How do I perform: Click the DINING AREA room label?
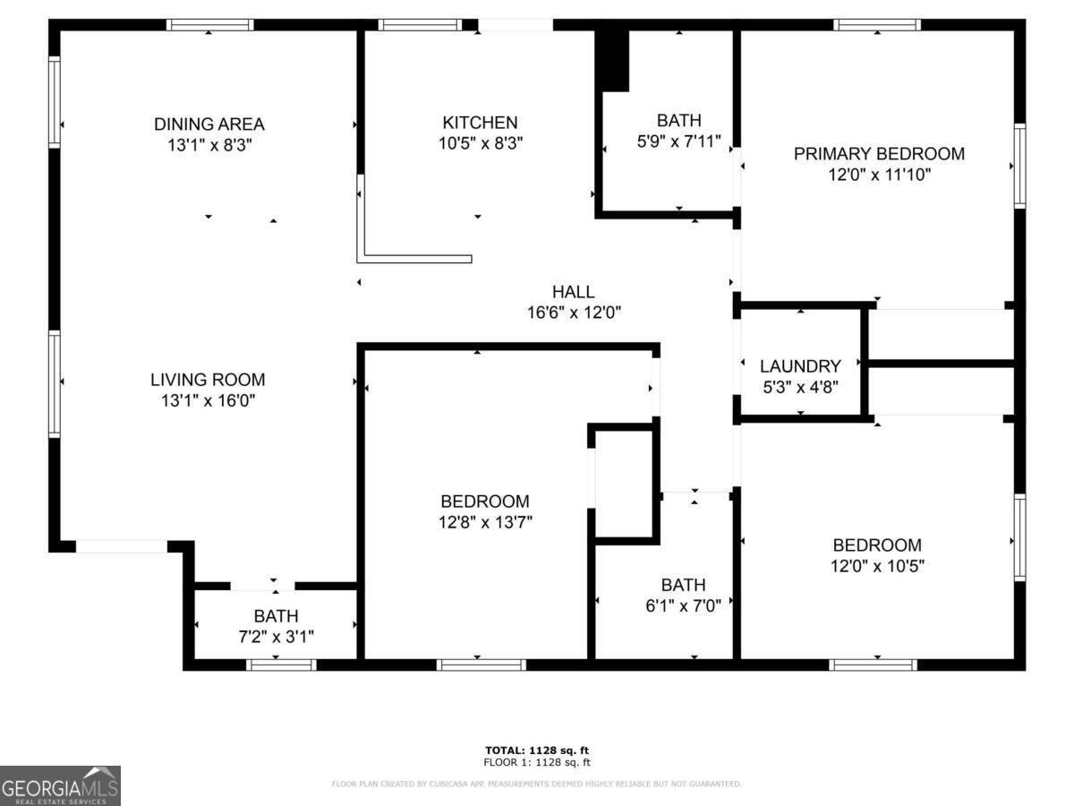point(209,124)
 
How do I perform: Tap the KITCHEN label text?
point(480,123)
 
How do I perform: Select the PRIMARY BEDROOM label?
point(879,153)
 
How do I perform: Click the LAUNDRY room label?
point(800,366)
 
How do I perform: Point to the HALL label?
point(573,291)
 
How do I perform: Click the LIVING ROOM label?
point(208,380)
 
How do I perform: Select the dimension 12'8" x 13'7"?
point(485,522)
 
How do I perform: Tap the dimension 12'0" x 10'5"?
point(877,566)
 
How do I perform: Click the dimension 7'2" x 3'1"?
point(276,637)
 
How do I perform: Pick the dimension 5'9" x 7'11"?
point(678,141)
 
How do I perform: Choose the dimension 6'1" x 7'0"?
point(683,605)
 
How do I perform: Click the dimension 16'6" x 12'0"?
point(574,313)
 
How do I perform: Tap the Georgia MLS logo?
point(60,785)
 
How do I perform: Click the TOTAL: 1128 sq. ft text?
point(536,750)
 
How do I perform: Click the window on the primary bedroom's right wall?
point(1019,167)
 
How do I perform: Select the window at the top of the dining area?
point(210,25)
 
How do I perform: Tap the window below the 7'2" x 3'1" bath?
point(281,665)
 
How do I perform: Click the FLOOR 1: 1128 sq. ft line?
point(536,763)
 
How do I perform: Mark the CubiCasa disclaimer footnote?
point(536,785)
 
